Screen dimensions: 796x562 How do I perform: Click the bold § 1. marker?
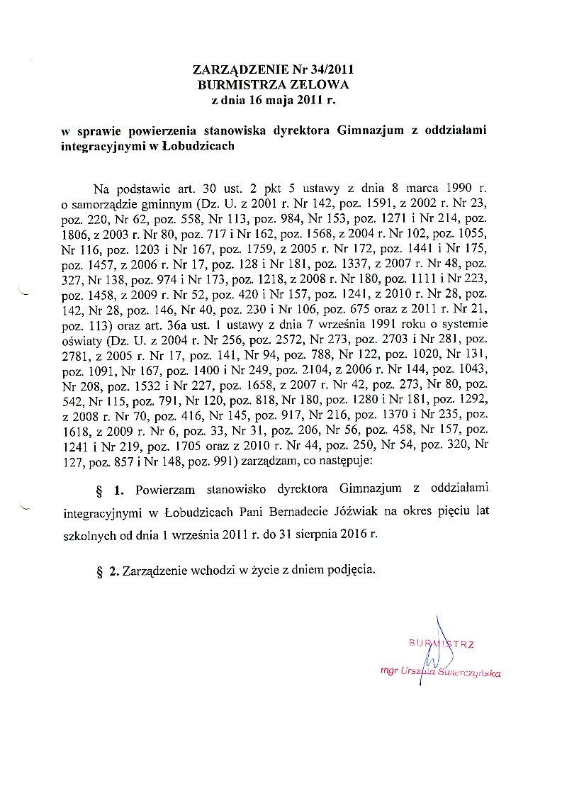[110, 489]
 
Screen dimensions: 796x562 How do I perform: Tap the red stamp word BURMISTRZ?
[441, 644]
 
